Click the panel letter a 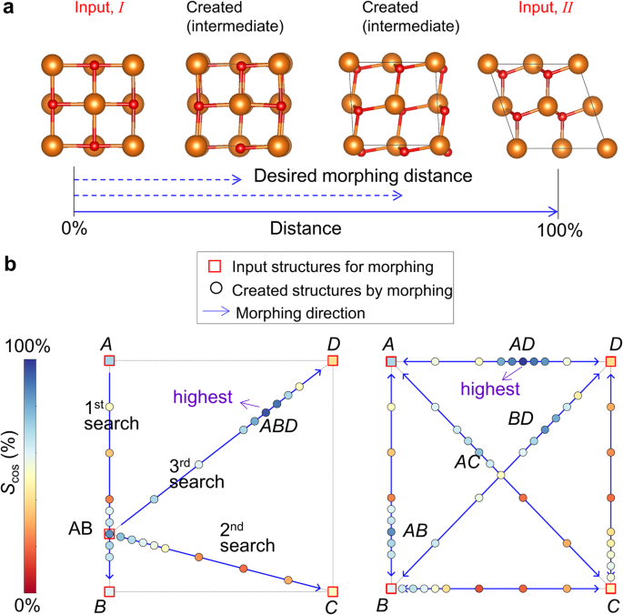click(x=9, y=12)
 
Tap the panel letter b click(x=10, y=266)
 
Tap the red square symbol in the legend click(x=216, y=268)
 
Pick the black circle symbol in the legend click(x=216, y=292)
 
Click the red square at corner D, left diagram click(x=333, y=361)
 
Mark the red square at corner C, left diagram click(x=333, y=591)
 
